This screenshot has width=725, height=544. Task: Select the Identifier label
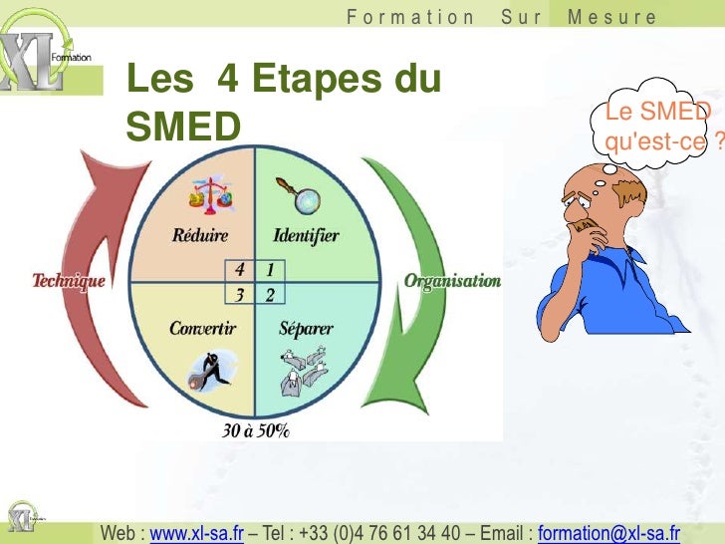306,236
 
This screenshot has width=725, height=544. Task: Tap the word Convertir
202,328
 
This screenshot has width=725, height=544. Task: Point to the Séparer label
306,328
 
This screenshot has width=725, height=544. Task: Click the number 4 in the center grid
240,270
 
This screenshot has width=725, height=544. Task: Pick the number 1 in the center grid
270,270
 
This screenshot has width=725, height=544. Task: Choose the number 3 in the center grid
240,294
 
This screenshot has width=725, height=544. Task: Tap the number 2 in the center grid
270,294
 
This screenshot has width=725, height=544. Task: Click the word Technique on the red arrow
69,282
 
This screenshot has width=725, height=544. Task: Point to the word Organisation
452,281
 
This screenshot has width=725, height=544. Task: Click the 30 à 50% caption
256,431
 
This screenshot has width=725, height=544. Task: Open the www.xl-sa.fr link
196,534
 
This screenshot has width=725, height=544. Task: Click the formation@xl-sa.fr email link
608,534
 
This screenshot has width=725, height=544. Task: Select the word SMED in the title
183,126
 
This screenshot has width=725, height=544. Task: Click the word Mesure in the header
611,17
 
